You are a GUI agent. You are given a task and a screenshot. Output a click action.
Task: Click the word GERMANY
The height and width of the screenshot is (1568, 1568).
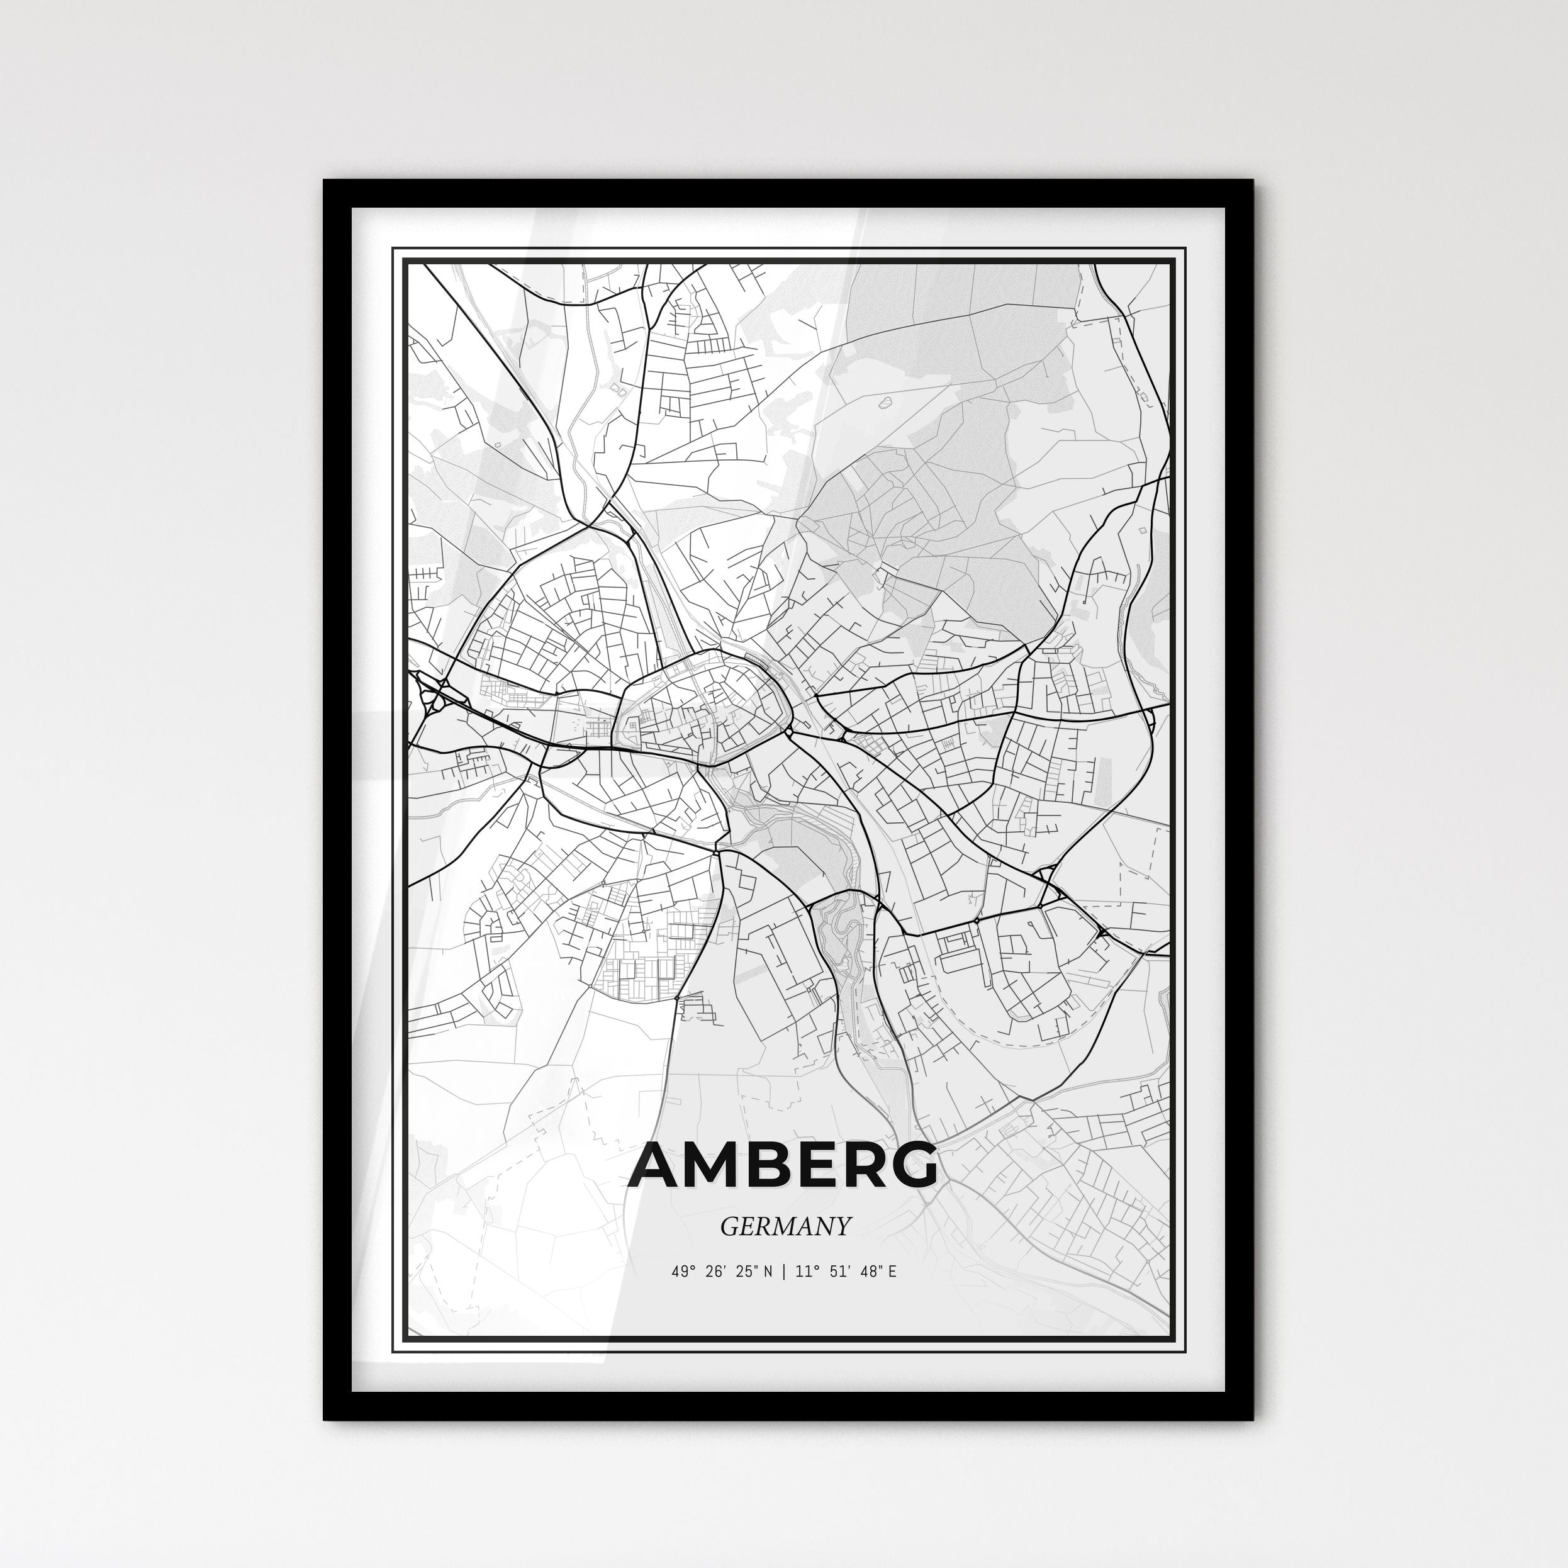[785, 1226]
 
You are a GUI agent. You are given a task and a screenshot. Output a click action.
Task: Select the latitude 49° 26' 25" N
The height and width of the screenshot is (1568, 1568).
[722, 1272]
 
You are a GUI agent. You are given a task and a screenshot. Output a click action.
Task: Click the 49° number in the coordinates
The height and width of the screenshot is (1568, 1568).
[680, 1272]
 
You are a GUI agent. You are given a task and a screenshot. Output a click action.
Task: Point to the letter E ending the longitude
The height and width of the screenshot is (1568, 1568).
[892, 1272]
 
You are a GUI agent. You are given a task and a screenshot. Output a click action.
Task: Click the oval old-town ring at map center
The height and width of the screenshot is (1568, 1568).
[703, 703]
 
